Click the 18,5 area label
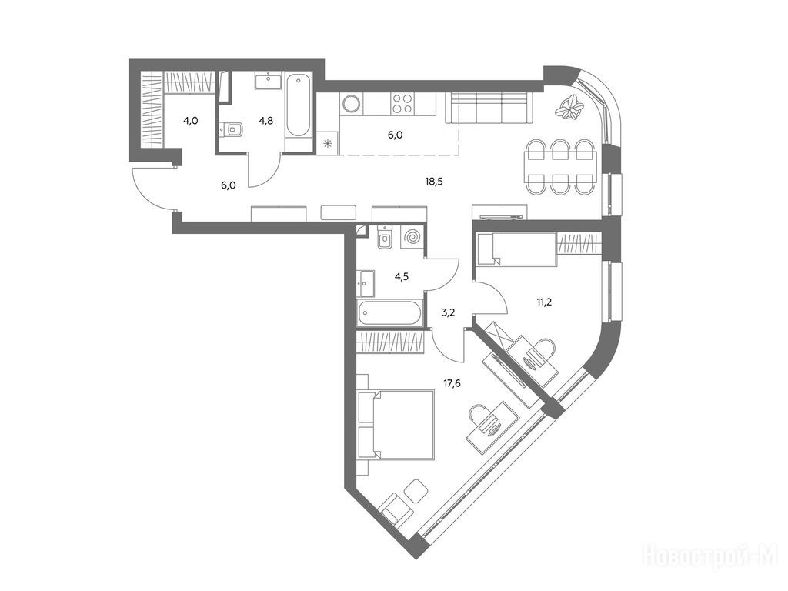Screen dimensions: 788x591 pyautogui.click(x=434, y=182)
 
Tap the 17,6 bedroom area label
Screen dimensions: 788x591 pyautogui.click(x=452, y=383)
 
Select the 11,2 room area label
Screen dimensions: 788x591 pyautogui.click(x=544, y=302)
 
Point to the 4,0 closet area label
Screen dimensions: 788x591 pyautogui.click(x=191, y=121)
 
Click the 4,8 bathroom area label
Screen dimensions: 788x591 pyautogui.click(x=265, y=121)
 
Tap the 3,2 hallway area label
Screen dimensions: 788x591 pyautogui.click(x=448, y=312)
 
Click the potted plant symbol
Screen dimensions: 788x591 pyautogui.click(x=569, y=108)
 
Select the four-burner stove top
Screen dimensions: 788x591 pyautogui.click(x=402, y=104)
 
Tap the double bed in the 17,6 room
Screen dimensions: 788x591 pyautogui.click(x=396, y=425)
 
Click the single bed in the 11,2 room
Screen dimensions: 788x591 pyautogui.click(x=516, y=249)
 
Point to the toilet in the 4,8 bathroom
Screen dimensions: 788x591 pyautogui.click(x=232, y=129)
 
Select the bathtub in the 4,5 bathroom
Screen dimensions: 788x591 pyautogui.click(x=390, y=314)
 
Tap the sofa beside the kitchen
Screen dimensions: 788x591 pyautogui.click(x=489, y=107)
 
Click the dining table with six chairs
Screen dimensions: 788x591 pyautogui.click(x=559, y=167)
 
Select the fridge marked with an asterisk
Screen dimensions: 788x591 pyautogui.click(x=329, y=142)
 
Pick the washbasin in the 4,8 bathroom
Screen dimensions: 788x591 pyautogui.click(x=269, y=80)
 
